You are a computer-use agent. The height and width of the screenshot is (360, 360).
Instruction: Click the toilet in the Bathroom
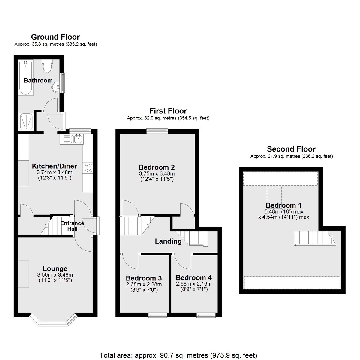pos(47,66)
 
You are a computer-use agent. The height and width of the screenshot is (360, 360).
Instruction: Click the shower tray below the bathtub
pos(26,121)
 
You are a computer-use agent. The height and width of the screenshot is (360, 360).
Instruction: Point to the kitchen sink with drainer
pos(72,139)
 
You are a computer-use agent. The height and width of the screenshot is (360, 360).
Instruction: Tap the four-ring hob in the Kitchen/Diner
pos(88,168)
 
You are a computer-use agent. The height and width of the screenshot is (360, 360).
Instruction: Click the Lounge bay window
pos(53,320)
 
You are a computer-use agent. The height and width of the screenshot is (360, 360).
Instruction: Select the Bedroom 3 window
pos(157,315)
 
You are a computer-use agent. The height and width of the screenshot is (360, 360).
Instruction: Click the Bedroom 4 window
pos(206,315)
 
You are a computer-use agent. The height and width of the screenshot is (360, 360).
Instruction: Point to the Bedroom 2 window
pos(157,131)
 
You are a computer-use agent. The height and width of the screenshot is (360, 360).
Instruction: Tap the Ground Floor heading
pos(55,37)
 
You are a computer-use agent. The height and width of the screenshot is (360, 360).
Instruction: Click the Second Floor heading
pos(291,149)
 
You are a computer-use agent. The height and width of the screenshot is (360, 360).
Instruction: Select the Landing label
pos(168,241)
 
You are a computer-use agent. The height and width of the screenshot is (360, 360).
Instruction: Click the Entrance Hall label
pos(72,226)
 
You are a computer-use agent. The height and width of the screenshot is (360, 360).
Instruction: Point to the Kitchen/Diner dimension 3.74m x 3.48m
pos(55,172)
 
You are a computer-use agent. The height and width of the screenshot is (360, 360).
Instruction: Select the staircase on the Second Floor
pos(315,238)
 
